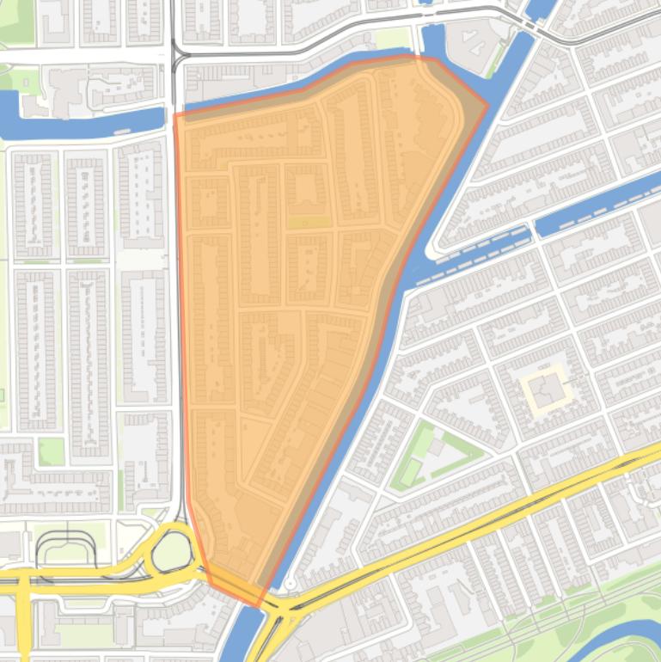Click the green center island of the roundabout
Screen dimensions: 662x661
tap(172, 551)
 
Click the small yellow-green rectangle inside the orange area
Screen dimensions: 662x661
tap(309, 221)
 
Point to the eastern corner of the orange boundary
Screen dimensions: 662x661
tap(487, 107)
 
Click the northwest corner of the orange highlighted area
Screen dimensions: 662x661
tap(175, 114)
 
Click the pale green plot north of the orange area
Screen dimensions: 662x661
tap(394, 39)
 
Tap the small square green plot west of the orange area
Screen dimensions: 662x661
tap(51, 451)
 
